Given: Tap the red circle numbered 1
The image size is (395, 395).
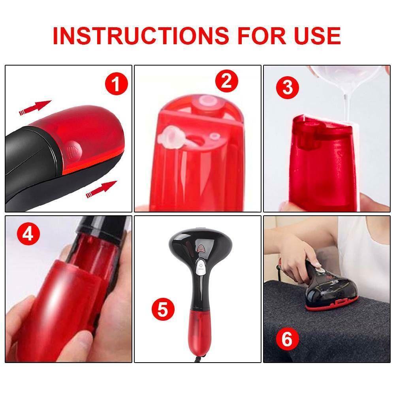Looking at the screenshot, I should tap(117, 85).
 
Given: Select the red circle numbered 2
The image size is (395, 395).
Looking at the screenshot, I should tap(226, 81).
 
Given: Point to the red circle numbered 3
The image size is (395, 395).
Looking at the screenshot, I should tap(288, 88).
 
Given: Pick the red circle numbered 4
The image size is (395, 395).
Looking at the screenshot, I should tap(28, 235).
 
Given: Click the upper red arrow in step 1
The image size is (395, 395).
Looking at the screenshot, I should tap(35, 108).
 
